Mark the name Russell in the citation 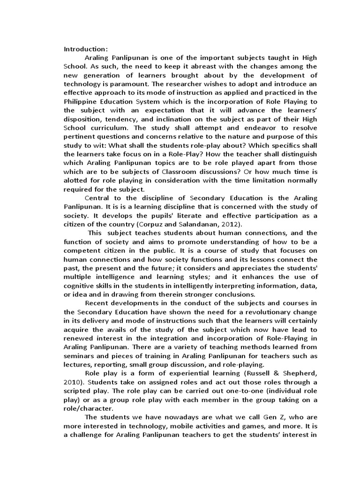coord(254,373)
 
